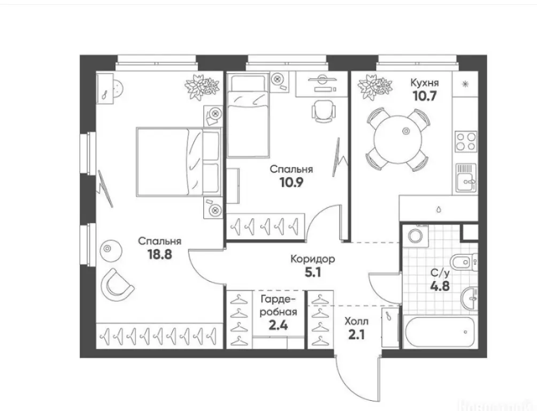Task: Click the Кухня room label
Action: click(x=424, y=83)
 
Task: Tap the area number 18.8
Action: click(x=159, y=254)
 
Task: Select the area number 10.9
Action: click(x=291, y=182)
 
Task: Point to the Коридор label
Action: click(x=313, y=259)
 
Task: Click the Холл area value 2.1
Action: click(x=357, y=334)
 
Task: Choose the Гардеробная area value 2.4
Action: click(x=278, y=325)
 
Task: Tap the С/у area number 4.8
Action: click(x=440, y=286)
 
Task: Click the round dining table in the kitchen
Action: click(x=397, y=139)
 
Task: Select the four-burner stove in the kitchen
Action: click(x=466, y=141)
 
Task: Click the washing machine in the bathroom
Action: click(x=416, y=235)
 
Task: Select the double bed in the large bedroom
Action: click(x=178, y=162)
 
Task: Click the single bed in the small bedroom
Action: click(x=248, y=116)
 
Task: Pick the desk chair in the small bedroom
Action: click(x=323, y=111)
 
